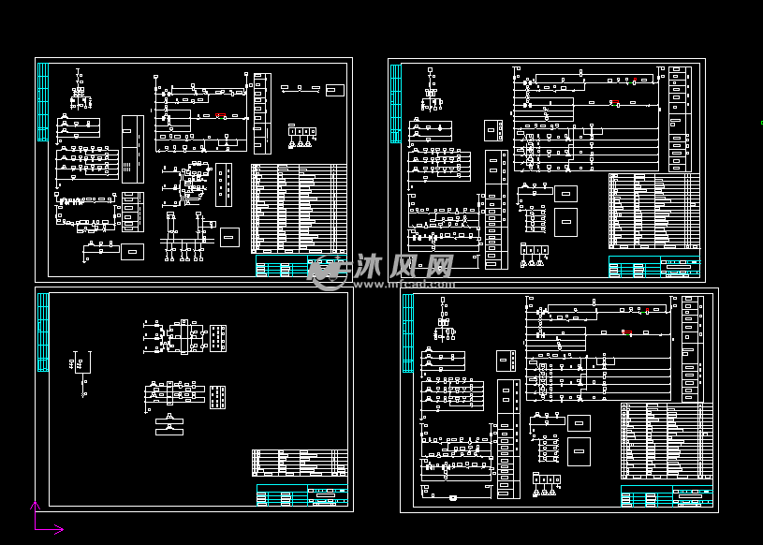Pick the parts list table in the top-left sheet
[x=299, y=208]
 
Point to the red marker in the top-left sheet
[x=219, y=116]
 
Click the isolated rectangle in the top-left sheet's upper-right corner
[x=334, y=89]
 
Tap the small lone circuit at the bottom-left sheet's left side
[x=81, y=367]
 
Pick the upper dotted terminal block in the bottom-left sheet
[x=218, y=338]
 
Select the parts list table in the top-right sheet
[x=653, y=214]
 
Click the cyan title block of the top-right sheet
[x=653, y=268]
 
